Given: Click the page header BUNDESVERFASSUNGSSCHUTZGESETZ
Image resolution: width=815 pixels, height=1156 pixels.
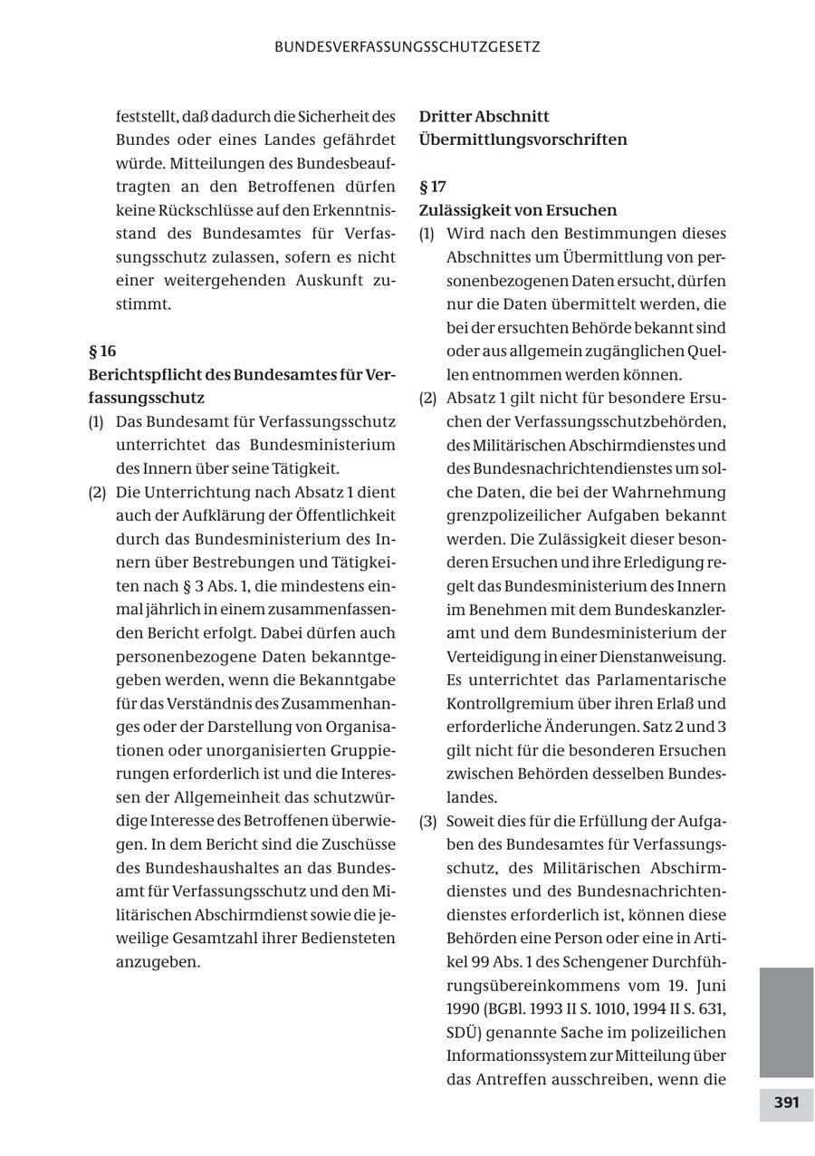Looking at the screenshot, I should click(x=407, y=47).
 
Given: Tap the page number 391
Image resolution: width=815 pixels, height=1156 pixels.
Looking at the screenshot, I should click(x=786, y=1103).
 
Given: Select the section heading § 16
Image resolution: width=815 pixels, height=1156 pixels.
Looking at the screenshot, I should click(x=102, y=351).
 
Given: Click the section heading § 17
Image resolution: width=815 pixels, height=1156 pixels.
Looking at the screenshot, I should click(x=433, y=187).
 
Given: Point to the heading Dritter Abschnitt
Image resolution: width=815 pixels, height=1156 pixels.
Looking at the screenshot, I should click(x=484, y=116).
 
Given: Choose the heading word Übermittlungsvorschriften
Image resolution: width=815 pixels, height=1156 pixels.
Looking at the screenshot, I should click(x=523, y=140).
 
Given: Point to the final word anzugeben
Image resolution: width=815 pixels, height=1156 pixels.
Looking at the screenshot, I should click(x=158, y=961).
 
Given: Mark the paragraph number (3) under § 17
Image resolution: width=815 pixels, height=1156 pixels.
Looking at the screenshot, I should click(x=427, y=821).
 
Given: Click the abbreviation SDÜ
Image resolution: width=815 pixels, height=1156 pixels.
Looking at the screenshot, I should click(x=465, y=1032).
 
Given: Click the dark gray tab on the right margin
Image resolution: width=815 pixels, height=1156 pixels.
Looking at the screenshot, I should click(x=786, y=1022).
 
